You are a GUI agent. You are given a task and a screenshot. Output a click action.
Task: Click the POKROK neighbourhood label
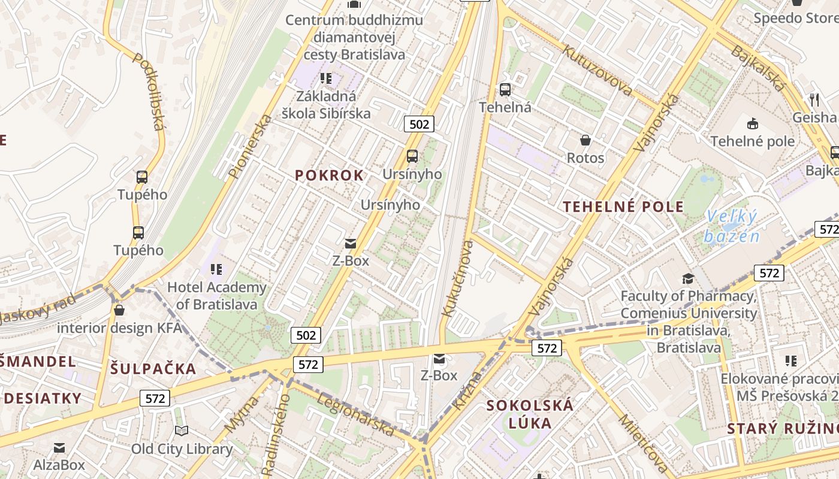pos(329,175)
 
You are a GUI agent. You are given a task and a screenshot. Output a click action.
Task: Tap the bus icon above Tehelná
pos(505,90)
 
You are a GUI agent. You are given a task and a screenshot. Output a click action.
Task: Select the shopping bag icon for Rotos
pos(586,140)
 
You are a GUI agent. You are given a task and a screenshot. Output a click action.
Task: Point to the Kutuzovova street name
pos(597,70)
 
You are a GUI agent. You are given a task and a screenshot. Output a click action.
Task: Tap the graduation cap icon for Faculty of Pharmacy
pos(688,278)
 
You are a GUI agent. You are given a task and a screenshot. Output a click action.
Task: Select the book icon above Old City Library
pos(182,431)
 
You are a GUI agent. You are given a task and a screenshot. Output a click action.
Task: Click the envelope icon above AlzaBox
pos(59,447)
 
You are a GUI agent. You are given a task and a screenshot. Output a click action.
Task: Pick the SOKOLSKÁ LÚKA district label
pos(530,414)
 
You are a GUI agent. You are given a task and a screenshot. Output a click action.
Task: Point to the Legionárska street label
pos(356,414)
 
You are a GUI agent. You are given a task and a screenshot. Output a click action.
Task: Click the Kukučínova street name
pos(457,278)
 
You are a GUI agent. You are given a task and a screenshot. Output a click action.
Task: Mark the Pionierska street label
pos(251,146)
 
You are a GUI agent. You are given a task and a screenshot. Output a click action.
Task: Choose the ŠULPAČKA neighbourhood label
pos(153,369)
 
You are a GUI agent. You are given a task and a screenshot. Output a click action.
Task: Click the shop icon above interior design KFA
pos(119,310)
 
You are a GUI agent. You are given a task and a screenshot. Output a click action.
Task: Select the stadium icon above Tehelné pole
pos(752,123)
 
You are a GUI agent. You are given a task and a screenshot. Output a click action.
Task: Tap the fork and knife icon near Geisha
pos(814,99)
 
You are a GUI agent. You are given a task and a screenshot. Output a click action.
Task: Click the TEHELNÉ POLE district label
pos(623,207)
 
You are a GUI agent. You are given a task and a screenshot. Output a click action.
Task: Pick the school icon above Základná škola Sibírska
pos(326,78)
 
